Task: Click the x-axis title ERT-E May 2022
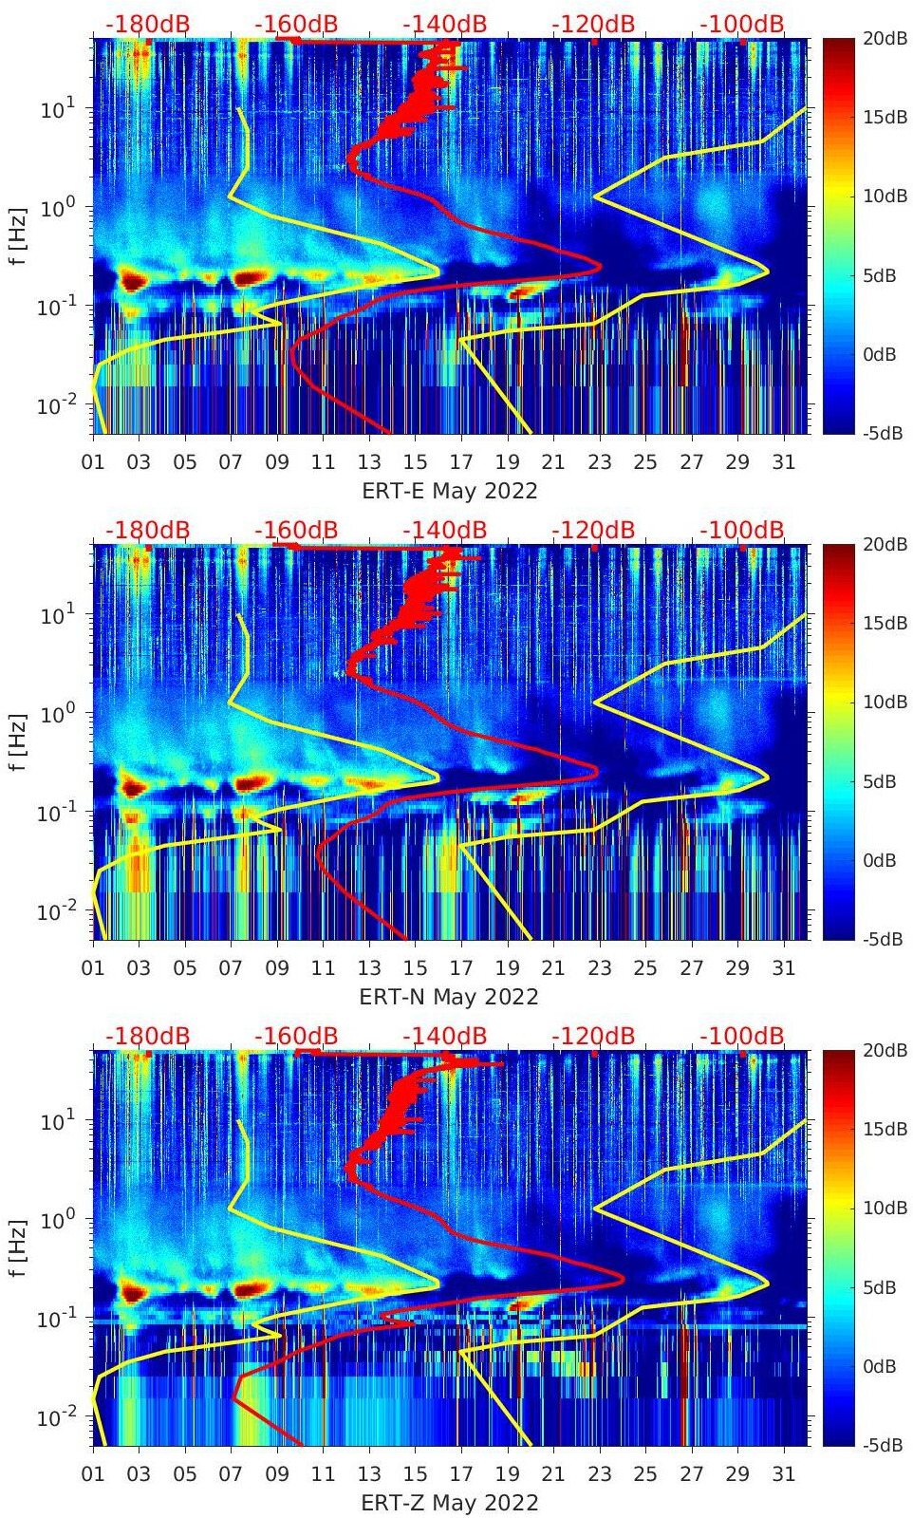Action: [x=449, y=492]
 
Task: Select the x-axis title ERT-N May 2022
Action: [x=449, y=998]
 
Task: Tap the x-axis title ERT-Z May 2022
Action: [x=449, y=1504]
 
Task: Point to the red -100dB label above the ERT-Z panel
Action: [x=742, y=1037]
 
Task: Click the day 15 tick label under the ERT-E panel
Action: [x=415, y=462]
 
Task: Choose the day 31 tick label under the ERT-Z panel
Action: [x=783, y=1474]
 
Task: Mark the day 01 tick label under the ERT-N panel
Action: [x=93, y=968]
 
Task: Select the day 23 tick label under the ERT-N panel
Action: [x=599, y=968]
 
